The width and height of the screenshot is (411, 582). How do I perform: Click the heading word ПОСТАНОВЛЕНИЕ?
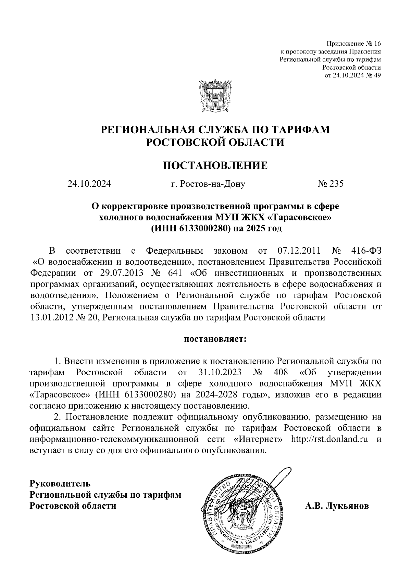[x=215, y=166]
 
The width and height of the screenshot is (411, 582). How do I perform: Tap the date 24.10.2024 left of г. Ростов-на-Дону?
[x=89, y=184]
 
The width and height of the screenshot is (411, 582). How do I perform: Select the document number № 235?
[x=331, y=184]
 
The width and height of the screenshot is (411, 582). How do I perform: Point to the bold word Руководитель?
[x=61, y=484]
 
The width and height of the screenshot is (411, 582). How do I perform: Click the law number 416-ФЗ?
[x=366, y=251]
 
